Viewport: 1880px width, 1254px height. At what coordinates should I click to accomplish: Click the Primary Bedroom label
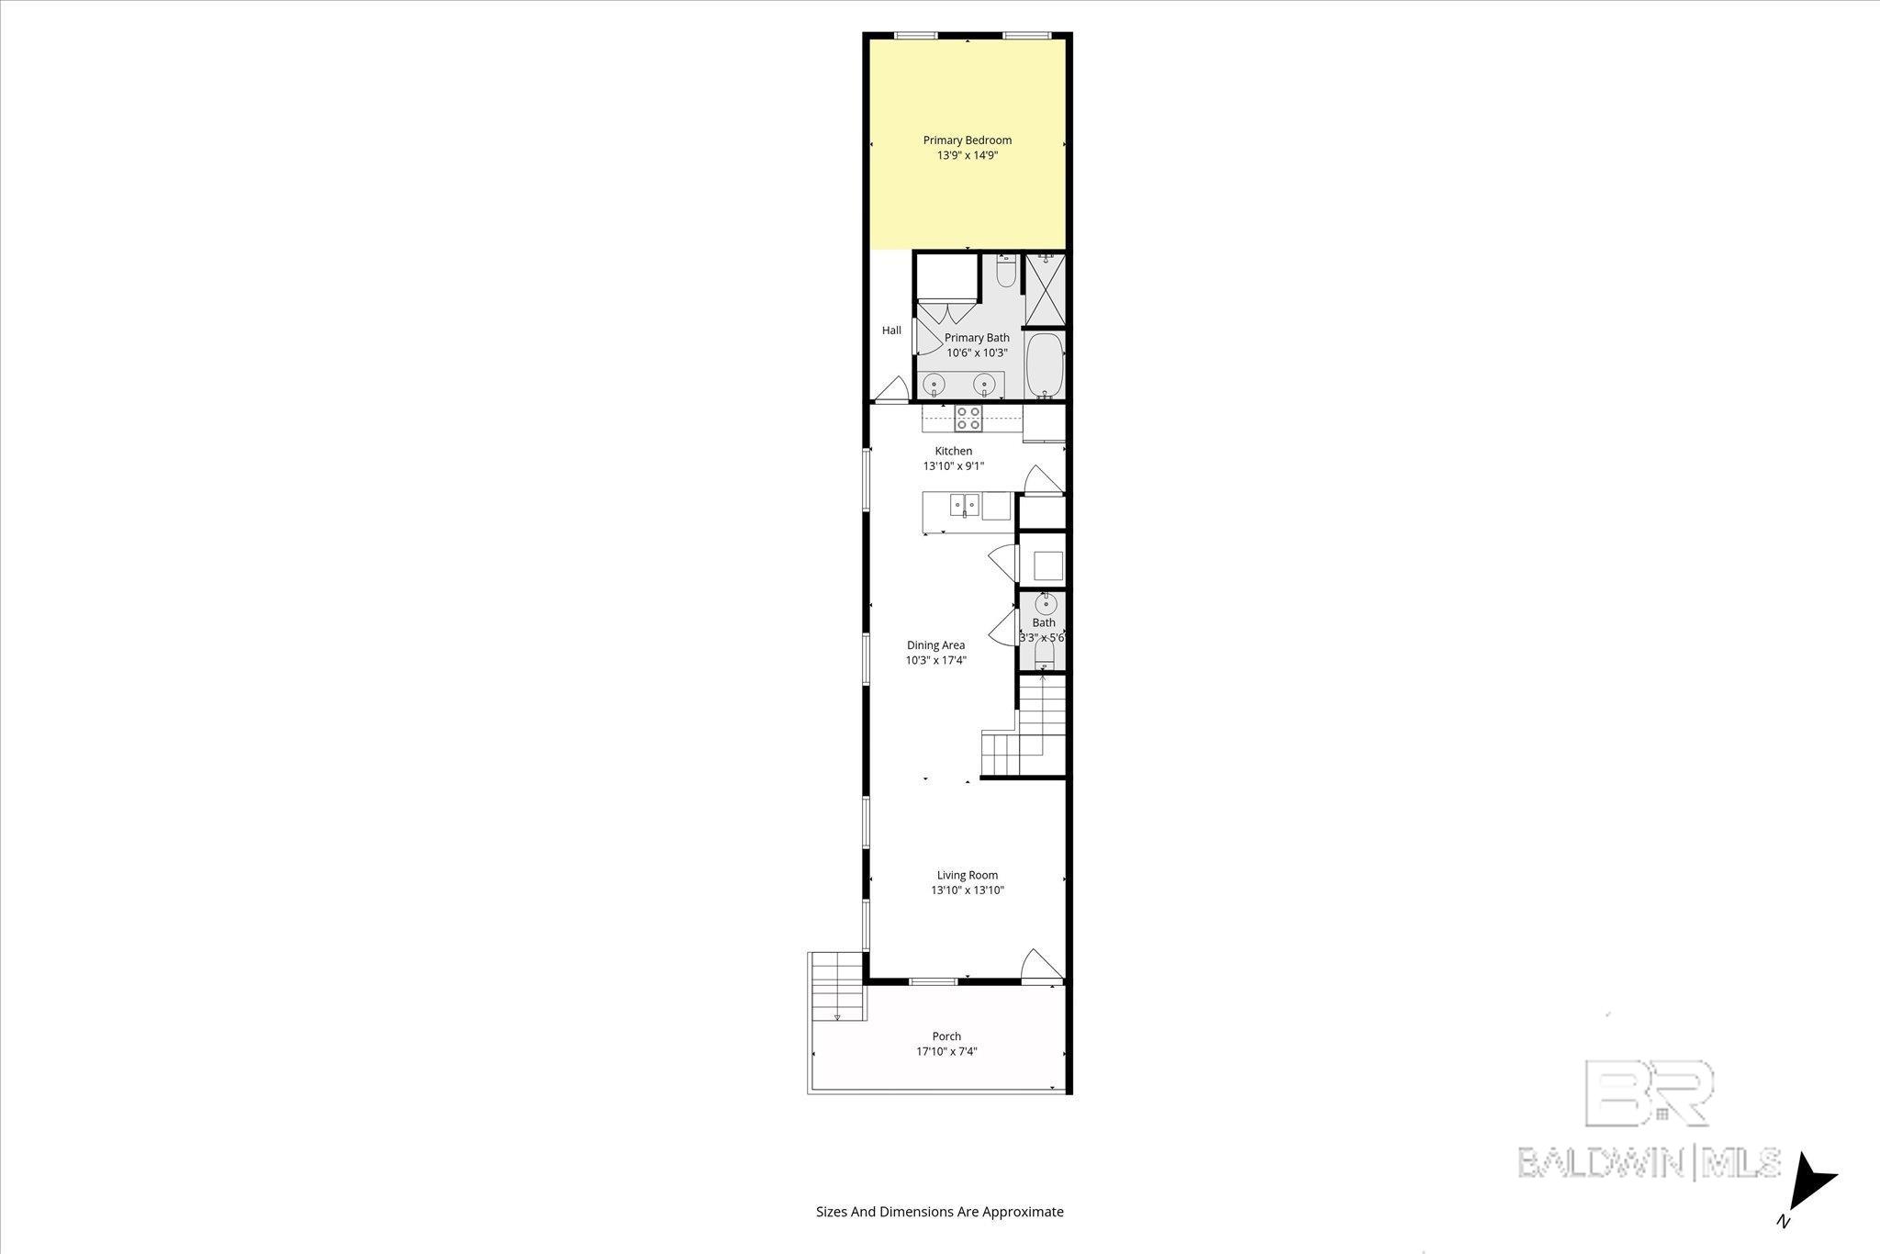click(x=967, y=140)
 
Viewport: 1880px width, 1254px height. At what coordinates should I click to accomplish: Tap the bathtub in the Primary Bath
click(x=1044, y=364)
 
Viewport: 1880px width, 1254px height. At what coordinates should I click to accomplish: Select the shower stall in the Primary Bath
click(x=1044, y=290)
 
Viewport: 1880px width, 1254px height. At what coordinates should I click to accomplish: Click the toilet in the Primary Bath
click(x=1006, y=273)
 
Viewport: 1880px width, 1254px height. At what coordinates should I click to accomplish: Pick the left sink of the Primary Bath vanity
click(x=934, y=383)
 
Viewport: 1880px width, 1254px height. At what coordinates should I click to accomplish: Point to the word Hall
click(x=891, y=330)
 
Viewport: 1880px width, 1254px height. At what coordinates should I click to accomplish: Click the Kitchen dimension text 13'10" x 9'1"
click(x=953, y=466)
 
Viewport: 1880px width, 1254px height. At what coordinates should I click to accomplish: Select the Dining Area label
click(x=935, y=645)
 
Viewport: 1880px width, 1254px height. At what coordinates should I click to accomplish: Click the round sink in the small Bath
click(x=1046, y=604)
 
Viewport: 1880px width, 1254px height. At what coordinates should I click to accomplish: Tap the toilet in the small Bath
click(x=1045, y=654)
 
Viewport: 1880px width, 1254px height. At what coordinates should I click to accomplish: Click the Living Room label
click(x=967, y=875)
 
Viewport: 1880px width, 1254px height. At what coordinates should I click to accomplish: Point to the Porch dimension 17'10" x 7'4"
click(x=946, y=1052)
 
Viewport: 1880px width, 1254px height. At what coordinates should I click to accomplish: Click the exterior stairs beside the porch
click(x=838, y=987)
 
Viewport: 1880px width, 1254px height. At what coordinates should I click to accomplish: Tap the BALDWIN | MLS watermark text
click(x=1649, y=1162)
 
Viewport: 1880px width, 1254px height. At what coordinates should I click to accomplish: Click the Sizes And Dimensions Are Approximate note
click(x=939, y=1212)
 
